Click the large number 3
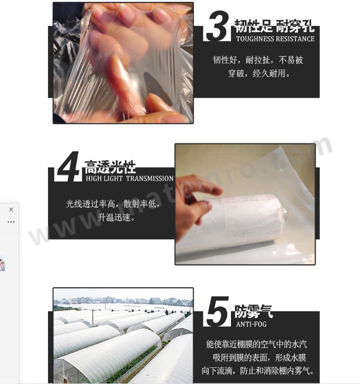point(218,26)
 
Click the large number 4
point(68,167)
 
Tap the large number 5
point(218,312)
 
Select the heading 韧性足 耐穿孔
point(274,26)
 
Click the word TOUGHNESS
point(255,39)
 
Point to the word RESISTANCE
point(295,39)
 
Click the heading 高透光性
point(110,167)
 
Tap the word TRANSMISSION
point(150,179)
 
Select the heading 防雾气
point(253,312)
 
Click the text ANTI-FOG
point(251,324)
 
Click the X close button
point(11,210)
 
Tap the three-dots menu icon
point(11,222)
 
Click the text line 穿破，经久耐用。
point(259,73)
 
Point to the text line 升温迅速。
point(116,217)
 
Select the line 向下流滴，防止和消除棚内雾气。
point(258,371)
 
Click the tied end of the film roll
point(284,213)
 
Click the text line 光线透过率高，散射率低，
point(113,204)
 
